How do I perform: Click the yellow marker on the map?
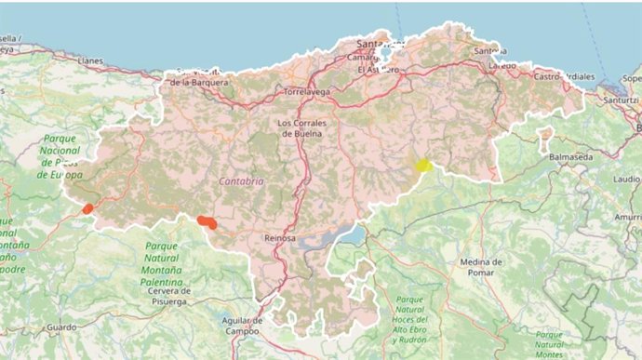(423, 165)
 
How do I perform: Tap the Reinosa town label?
(280, 238)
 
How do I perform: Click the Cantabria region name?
(241, 181)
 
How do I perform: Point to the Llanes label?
(91, 60)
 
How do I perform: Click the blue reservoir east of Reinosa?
(350, 235)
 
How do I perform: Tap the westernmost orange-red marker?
(87, 209)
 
